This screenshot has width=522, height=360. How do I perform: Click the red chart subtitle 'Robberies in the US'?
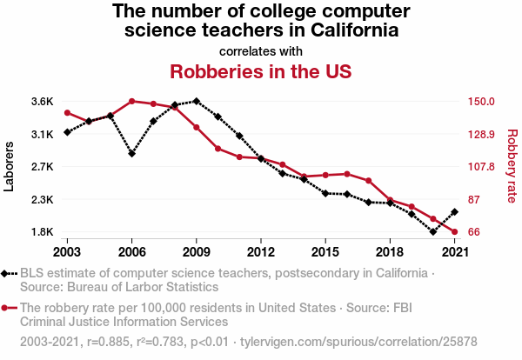(x=260, y=70)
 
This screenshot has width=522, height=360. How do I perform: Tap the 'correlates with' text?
(x=261, y=50)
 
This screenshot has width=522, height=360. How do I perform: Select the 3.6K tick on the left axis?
(x=43, y=101)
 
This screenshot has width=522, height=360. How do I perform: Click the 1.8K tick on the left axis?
(x=43, y=232)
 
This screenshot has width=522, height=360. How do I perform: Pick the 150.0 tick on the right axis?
(x=483, y=101)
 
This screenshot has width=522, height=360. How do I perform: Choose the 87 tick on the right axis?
(x=475, y=200)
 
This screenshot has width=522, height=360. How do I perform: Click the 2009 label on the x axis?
(x=196, y=251)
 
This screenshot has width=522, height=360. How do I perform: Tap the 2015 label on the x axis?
(x=325, y=251)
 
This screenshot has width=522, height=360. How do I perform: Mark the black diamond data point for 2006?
(x=131, y=153)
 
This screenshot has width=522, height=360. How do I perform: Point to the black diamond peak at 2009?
(x=196, y=101)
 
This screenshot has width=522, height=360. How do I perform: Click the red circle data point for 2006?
(x=131, y=101)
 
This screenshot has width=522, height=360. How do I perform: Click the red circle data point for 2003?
(x=67, y=113)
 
